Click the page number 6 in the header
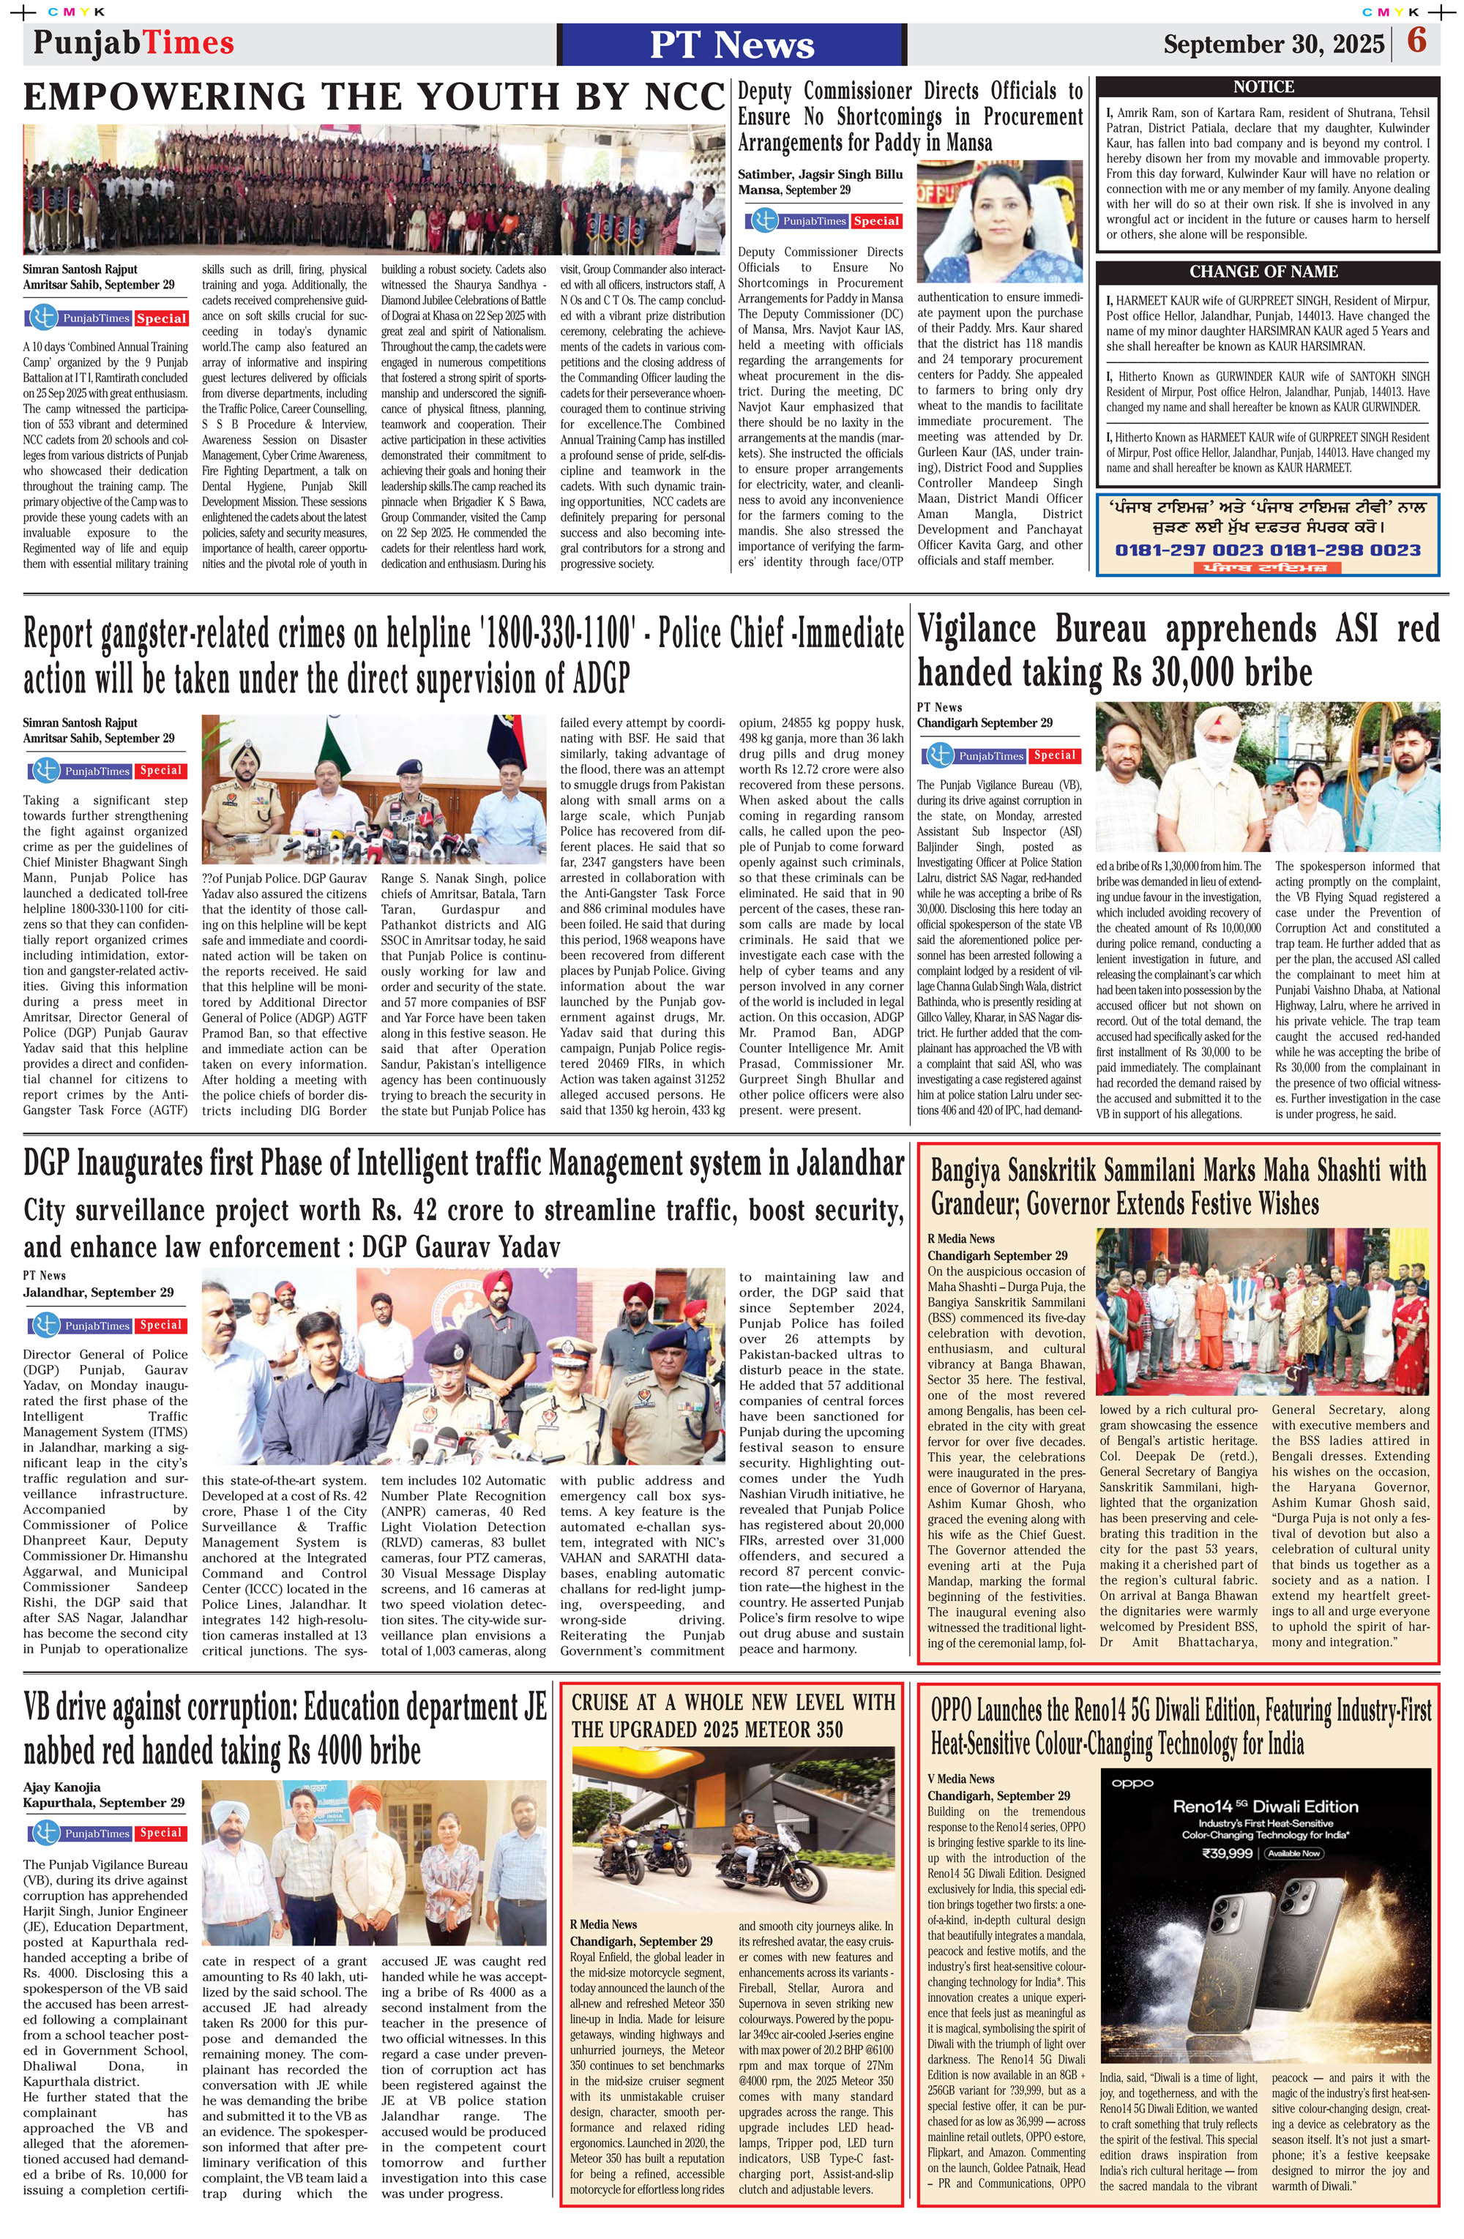click(1416, 42)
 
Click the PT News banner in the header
click(731, 44)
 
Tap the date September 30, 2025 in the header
click(1273, 44)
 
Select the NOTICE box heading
click(1263, 86)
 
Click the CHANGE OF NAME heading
click(1263, 272)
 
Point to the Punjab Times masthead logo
click(132, 43)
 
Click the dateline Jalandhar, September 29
click(98, 1292)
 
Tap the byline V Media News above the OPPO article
click(960, 1778)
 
